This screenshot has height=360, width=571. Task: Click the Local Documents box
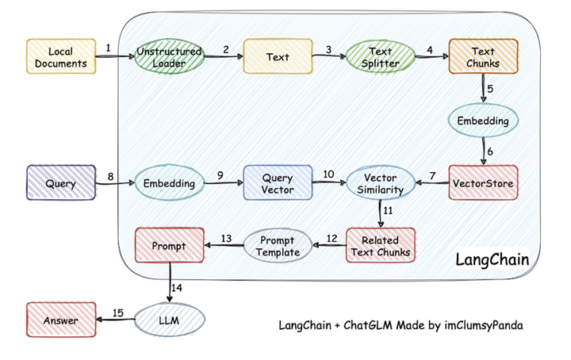[61, 56]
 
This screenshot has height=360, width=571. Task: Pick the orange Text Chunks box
[484, 56]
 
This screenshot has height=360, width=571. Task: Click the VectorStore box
[484, 183]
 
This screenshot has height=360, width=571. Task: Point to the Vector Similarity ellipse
[378, 184]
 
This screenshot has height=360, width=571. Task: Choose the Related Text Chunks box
[381, 247]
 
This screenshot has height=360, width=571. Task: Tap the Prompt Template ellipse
[272, 246]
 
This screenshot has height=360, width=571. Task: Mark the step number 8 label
[110, 176]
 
